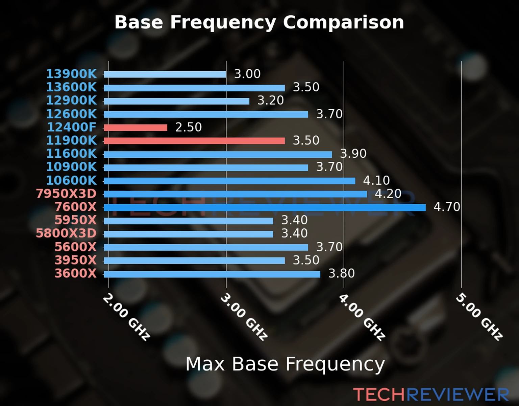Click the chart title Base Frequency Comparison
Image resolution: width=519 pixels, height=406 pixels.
coord(259,23)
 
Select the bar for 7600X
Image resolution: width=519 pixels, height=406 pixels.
coord(265,208)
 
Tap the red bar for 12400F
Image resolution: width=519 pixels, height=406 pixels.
coord(135,128)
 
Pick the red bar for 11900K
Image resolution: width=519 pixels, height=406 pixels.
coord(194,141)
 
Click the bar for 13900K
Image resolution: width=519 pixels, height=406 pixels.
coord(165,74)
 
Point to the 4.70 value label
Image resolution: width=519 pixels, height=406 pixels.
coord(447,207)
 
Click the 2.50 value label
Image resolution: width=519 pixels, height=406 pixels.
coord(188,127)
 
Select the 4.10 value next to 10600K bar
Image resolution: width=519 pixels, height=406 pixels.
coord(376,180)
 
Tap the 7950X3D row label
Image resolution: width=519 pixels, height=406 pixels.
coord(66,194)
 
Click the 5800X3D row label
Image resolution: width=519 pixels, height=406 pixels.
coord(66,233)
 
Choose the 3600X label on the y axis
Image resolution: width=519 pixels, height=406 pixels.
coord(76,273)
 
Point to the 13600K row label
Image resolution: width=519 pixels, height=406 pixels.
coord(71,87)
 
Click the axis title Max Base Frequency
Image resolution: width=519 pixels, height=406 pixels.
coord(285,364)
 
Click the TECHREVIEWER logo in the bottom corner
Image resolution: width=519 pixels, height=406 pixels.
coord(431,394)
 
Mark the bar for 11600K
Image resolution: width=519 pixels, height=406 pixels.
coord(218,155)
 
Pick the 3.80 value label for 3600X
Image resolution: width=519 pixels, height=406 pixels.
coord(342,273)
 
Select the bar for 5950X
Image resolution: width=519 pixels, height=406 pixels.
coord(189,221)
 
